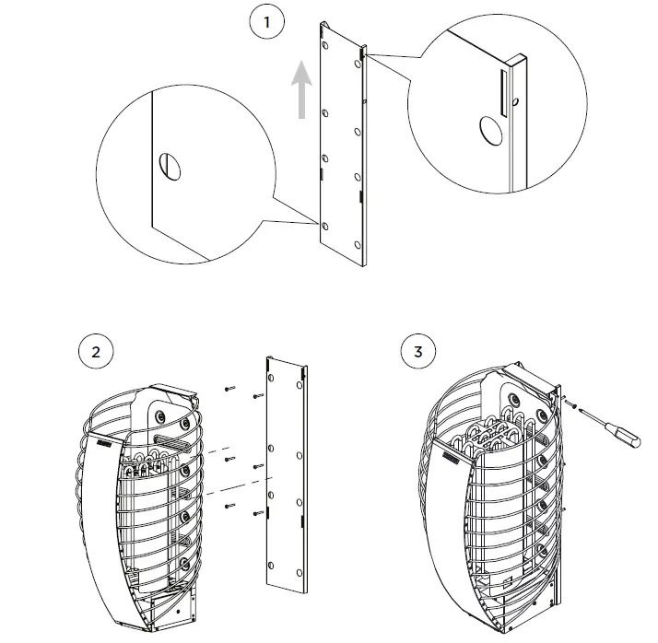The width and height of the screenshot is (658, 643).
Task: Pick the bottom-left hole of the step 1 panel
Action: tap(324, 225)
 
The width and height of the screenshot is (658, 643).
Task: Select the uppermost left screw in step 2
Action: tap(229, 389)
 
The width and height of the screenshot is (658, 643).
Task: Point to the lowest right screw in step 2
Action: tap(257, 512)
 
